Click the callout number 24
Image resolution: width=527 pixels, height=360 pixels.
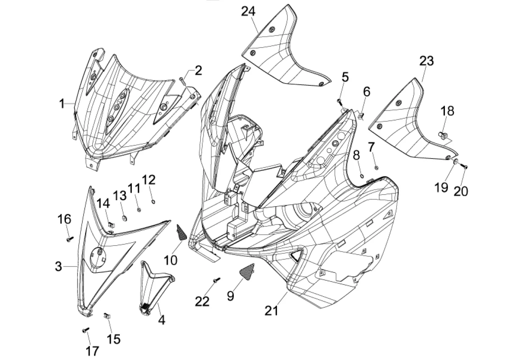[248, 11]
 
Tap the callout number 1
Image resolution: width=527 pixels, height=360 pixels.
[62, 103]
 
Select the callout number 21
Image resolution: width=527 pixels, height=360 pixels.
[271, 311]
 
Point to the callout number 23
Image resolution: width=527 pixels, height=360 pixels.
[426, 61]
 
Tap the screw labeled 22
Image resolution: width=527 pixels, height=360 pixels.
[216, 280]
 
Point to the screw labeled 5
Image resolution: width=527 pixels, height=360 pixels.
[339, 101]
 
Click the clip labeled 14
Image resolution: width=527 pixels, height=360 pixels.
[110, 224]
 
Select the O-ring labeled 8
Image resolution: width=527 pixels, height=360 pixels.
[361, 175]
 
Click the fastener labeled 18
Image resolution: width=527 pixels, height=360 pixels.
[443, 135]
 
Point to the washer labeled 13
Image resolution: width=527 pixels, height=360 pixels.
[124, 218]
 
